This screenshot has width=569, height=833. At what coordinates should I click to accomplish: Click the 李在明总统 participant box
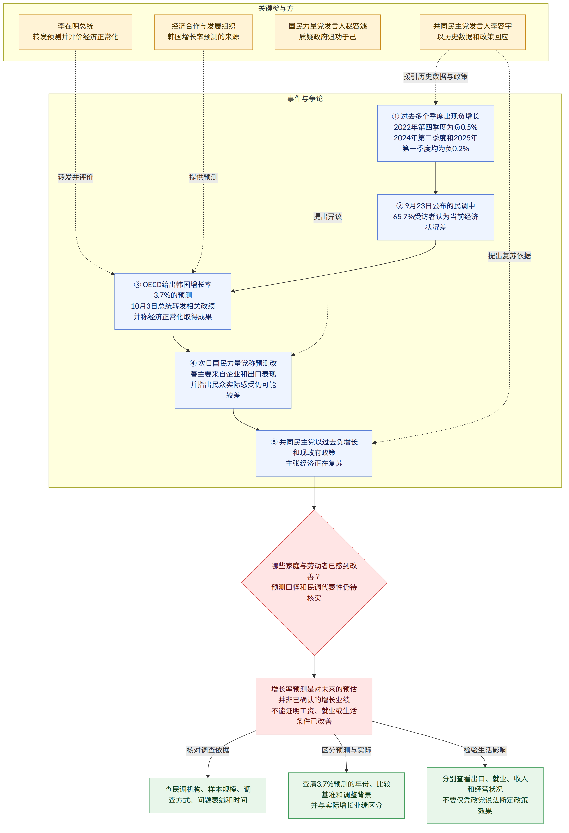(x=76, y=32)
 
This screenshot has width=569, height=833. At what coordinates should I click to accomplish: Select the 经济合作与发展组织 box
(x=203, y=32)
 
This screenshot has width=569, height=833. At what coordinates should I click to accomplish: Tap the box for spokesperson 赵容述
(x=328, y=32)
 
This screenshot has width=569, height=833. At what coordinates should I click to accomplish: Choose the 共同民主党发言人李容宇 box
(x=472, y=32)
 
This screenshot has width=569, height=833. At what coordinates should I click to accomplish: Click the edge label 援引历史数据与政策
(x=435, y=76)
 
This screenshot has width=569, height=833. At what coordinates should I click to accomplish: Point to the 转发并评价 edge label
(x=76, y=177)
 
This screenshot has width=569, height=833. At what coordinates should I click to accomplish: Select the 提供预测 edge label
(x=203, y=177)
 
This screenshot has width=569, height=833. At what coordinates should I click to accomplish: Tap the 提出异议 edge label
(x=328, y=217)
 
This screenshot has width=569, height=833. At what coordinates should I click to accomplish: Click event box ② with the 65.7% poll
(x=435, y=217)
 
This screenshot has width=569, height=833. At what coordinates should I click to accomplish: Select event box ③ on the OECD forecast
(x=173, y=301)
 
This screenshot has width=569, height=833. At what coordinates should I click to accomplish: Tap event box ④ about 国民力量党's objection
(x=233, y=380)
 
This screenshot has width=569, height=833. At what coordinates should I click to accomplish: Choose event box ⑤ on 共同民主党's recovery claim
(x=314, y=453)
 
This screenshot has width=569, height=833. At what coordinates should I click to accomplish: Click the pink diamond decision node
(x=314, y=583)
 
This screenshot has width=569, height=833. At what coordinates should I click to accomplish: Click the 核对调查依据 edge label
(x=208, y=750)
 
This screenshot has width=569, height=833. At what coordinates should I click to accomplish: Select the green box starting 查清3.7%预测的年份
(x=346, y=795)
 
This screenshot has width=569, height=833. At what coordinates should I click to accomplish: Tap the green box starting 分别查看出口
(x=485, y=795)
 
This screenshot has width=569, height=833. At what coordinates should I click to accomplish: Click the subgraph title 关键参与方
(x=276, y=8)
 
